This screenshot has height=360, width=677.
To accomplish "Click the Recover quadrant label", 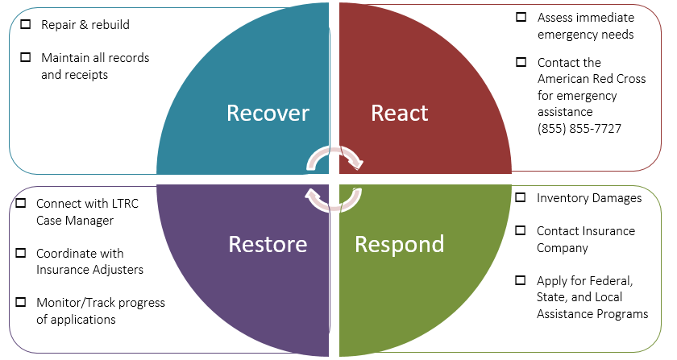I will (268, 113).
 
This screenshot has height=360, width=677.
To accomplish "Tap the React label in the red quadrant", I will (399, 113).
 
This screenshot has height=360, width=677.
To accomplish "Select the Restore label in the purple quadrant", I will (268, 243).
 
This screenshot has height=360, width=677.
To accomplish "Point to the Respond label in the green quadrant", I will (400, 243).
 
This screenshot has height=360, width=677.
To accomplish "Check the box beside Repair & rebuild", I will (26, 25).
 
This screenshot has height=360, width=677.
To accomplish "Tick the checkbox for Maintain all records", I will (26, 58).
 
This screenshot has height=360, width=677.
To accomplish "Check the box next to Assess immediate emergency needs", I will (521, 17).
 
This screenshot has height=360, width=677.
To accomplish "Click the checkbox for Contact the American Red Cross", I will (521, 62).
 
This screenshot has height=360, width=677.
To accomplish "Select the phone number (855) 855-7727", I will (579, 129).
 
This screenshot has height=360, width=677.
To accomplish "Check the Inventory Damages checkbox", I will (521, 197).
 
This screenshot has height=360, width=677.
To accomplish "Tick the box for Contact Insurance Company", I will (521, 231).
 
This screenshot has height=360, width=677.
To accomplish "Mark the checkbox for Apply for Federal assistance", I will (521, 281).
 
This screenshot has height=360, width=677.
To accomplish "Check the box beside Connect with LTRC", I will (21, 204).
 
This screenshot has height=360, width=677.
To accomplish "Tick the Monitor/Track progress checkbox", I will (21, 303).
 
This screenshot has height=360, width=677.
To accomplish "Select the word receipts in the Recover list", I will (87, 75).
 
